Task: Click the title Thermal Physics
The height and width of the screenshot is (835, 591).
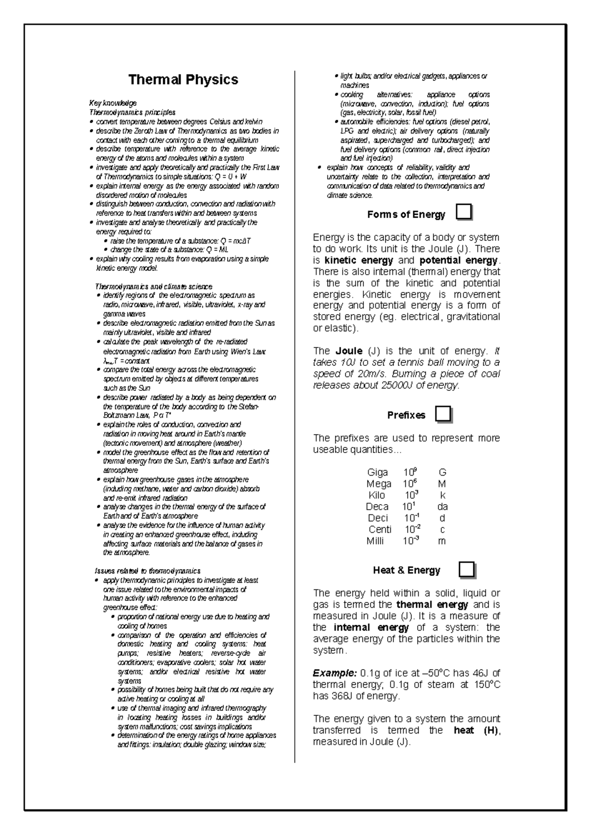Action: tap(183, 80)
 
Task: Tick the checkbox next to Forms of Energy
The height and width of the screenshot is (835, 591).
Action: tap(464, 212)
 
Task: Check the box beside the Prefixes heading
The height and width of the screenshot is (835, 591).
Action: tap(443, 414)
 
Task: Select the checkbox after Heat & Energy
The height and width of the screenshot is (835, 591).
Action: tap(466, 570)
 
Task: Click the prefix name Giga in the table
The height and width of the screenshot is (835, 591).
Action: tap(378, 473)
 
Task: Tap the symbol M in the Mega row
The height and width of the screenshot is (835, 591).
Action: tap(442, 484)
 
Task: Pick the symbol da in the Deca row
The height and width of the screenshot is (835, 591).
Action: tap(442, 507)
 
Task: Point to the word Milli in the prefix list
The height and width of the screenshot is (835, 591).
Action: tap(375, 541)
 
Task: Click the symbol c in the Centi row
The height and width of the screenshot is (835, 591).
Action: tap(442, 530)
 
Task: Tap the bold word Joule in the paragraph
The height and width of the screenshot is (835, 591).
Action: tap(349, 352)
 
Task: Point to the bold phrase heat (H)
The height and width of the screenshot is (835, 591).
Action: tap(476, 731)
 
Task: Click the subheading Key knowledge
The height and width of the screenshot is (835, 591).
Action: tap(112, 103)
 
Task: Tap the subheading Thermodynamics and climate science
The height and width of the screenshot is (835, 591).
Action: tap(154, 287)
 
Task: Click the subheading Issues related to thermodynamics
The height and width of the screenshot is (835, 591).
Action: tap(147, 571)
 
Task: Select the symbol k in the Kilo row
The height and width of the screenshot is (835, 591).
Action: tap(442, 495)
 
